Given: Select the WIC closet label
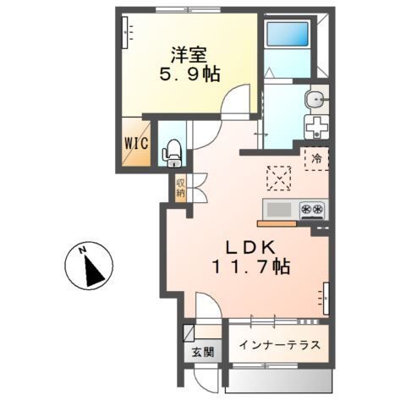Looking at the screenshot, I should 137,143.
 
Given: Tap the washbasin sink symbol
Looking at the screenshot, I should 316,100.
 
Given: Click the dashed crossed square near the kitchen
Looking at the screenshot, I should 278,178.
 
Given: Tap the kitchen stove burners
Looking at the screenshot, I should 310,209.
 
